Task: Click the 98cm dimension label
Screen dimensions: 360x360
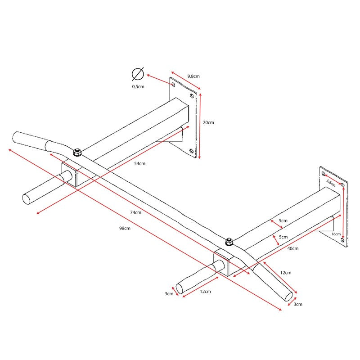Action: (x=125, y=228)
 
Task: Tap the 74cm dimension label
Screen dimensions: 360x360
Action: (x=136, y=212)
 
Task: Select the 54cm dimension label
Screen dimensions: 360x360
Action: (x=139, y=163)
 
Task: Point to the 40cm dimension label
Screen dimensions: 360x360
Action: (x=293, y=248)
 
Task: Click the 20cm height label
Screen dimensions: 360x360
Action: (x=208, y=122)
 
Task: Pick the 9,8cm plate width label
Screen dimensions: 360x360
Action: (x=193, y=76)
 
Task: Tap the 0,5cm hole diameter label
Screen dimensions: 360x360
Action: (x=138, y=86)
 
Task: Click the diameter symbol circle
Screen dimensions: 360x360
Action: (x=138, y=74)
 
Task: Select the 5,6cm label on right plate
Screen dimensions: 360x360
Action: (x=331, y=183)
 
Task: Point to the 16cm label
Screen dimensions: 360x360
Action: (x=336, y=234)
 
